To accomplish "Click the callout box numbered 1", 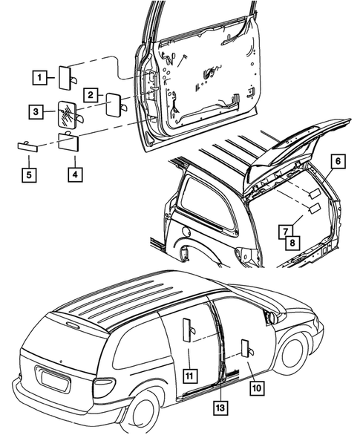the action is pyautogui.click(x=39, y=77).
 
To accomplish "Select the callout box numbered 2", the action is pyautogui.click(x=91, y=95).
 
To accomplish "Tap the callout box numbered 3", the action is pyautogui.click(x=36, y=112).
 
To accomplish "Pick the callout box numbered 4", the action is pyautogui.click(x=75, y=174).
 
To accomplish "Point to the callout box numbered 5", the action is pyautogui.click(x=29, y=175).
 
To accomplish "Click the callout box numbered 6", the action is pyautogui.click(x=338, y=161).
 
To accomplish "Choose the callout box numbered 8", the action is pyautogui.click(x=292, y=243).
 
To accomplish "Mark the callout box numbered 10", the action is pyautogui.click(x=257, y=388).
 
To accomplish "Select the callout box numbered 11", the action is pyautogui.click(x=189, y=376).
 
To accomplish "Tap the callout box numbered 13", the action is pyautogui.click(x=220, y=408).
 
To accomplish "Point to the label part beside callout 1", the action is pyautogui.click(x=65, y=78).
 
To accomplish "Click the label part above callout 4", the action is pyautogui.click(x=69, y=142).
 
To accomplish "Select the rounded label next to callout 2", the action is pyautogui.click(x=114, y=105).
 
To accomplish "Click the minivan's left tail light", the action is pyautogui.click(x=104, y=388).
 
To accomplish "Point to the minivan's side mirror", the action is pyautogui.click(x=272, y=317).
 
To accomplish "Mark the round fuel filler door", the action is pyautogui.click(x=186, y=232).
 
